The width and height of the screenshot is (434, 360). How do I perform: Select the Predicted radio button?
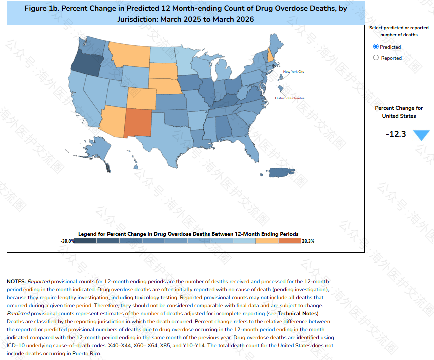[376, 47]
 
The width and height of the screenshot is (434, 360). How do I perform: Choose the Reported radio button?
[376, 58]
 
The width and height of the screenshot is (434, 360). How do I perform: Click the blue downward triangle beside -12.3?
[421, 135]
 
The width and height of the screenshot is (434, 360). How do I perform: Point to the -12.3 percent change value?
[396, 134]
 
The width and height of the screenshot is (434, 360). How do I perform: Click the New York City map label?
[294, 72]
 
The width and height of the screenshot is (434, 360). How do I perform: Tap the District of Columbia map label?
[289, 98]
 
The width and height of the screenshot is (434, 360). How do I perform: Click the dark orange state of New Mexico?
[138, 123]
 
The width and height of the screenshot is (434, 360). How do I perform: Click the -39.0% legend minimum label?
[67, 241]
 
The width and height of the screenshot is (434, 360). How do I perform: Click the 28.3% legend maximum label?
[308, 241]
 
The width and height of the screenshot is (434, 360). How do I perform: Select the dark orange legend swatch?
[289, 241]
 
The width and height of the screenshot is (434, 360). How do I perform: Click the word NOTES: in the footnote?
[16, 281]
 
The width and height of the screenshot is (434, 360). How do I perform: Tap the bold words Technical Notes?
[298, 313]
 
